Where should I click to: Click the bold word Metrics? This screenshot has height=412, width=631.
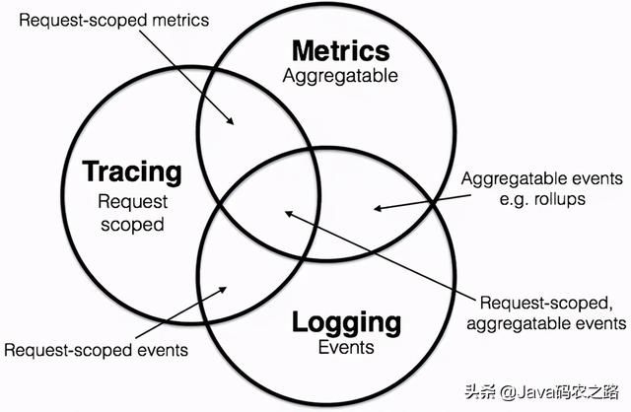click(x=341, y=51)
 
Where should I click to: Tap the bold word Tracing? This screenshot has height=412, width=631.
click(x=132, y=172)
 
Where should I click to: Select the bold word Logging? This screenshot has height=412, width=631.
click(x=346, y=324)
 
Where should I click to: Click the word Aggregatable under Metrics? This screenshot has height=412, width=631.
click(x=340, y=77)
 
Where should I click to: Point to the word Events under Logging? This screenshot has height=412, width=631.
click(x=346, y=347)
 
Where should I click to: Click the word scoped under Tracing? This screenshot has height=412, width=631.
click(x=132, y=225)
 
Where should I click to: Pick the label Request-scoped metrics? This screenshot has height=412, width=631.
click(x=114, y=21)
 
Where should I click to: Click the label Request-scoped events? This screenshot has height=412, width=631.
click(x=97, y=350)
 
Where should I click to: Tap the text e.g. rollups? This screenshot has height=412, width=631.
click(x=542, y=199)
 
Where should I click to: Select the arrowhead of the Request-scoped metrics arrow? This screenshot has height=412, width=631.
click(x=231, y=121)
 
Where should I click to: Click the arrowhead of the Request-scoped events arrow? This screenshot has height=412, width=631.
click(x=224, y=289)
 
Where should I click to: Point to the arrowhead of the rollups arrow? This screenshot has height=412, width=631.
click(x=378, y=208)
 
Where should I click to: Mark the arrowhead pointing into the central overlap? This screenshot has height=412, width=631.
click(x=289, y=213)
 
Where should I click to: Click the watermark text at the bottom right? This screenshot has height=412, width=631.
click(x=541, y=391)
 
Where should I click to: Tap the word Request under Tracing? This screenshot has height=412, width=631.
click(x=133, y=202)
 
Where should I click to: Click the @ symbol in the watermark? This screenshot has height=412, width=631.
click(x=509, y=392)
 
